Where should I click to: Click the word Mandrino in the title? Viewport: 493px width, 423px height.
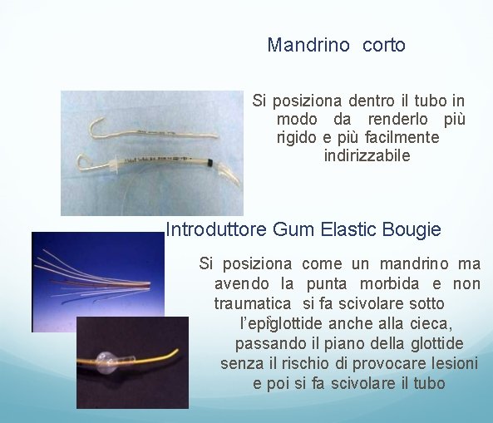308,46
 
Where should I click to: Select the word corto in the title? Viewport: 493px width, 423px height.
384,46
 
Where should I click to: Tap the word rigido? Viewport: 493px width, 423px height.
297,137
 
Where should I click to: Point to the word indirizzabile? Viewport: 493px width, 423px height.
367,155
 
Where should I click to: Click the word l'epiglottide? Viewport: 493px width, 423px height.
279,324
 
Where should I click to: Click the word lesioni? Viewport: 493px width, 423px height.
453,363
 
